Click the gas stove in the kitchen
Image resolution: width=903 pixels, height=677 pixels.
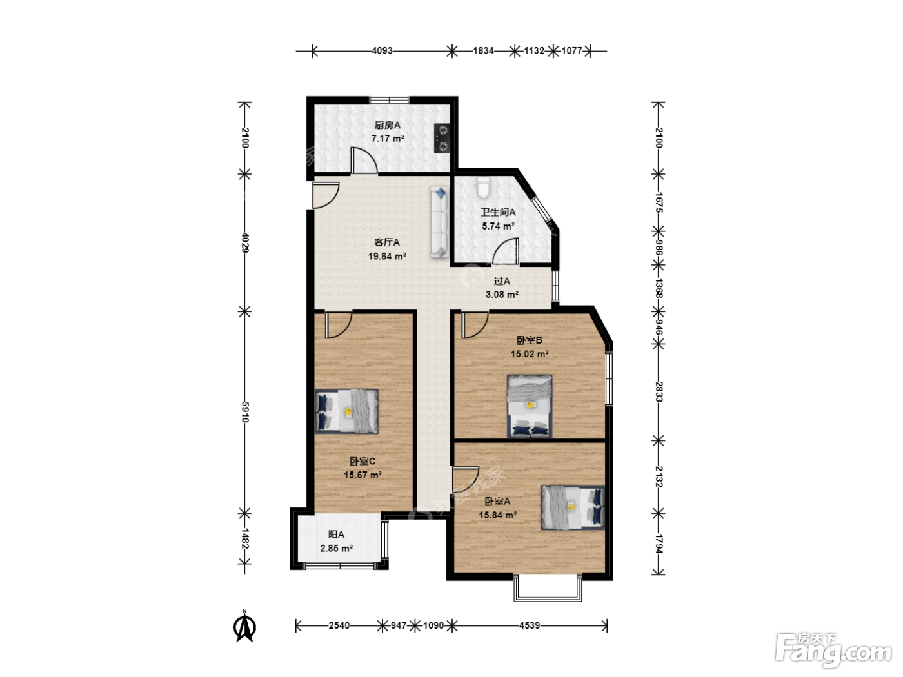[442, 138]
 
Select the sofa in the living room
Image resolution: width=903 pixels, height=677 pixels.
[439, 222]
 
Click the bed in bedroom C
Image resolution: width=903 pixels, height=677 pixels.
[346, 411]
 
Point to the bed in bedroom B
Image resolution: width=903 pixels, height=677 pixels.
[530, 406]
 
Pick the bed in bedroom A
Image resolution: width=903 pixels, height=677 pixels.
[573, 507]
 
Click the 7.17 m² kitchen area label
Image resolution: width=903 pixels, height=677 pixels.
[388, 139]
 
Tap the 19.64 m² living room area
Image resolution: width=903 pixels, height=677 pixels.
[387, 257]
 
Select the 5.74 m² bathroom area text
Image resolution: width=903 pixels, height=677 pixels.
[498, 226]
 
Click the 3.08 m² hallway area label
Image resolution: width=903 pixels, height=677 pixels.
[502, 295]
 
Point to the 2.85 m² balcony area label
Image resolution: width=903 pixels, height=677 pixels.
[337, 548]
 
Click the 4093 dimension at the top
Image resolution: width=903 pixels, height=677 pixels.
[382, 51]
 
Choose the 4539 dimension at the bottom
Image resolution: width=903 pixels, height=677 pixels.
[530, 625]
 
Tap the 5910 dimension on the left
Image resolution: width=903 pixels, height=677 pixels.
[245, 412]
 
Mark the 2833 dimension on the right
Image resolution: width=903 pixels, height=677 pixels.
[659, 392]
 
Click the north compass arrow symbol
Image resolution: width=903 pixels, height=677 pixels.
[244, 625]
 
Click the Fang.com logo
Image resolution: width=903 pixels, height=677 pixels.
[833, 649]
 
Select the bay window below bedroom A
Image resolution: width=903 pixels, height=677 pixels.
[548, 589]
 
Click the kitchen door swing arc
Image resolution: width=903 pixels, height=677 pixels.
[364, 161]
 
